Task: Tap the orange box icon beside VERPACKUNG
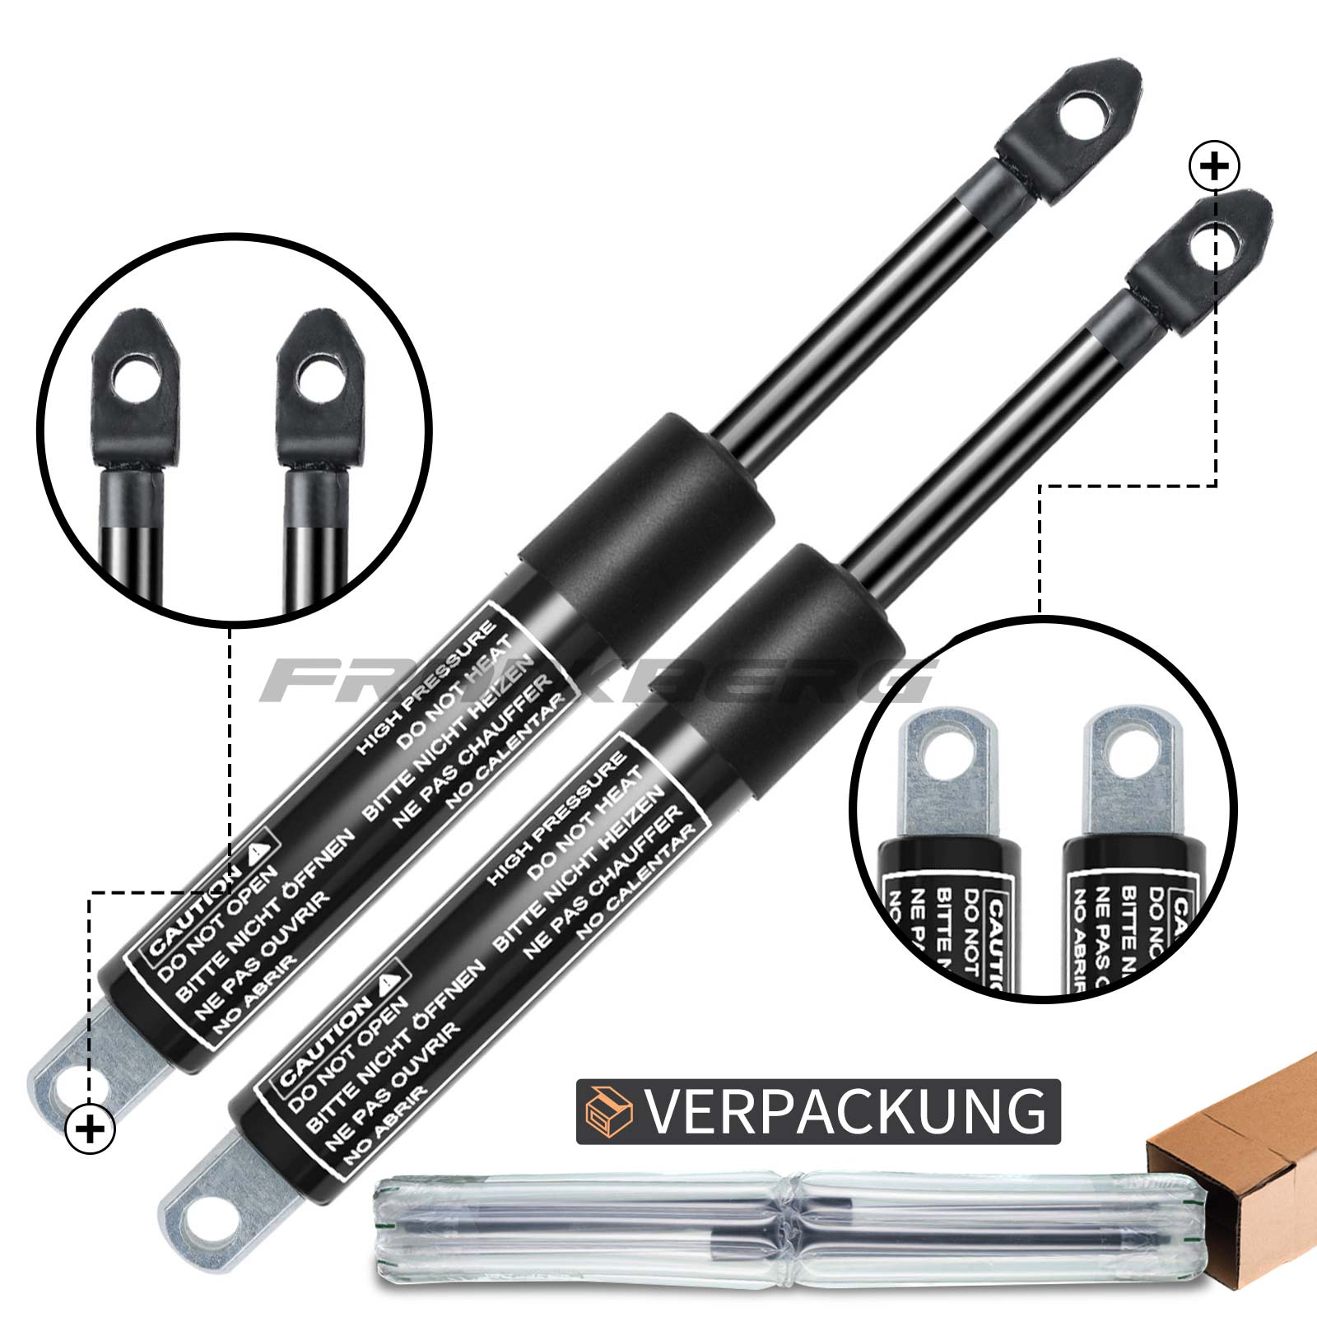[x=610, y=1111]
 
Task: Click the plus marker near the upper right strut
[x=1215, y=167]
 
